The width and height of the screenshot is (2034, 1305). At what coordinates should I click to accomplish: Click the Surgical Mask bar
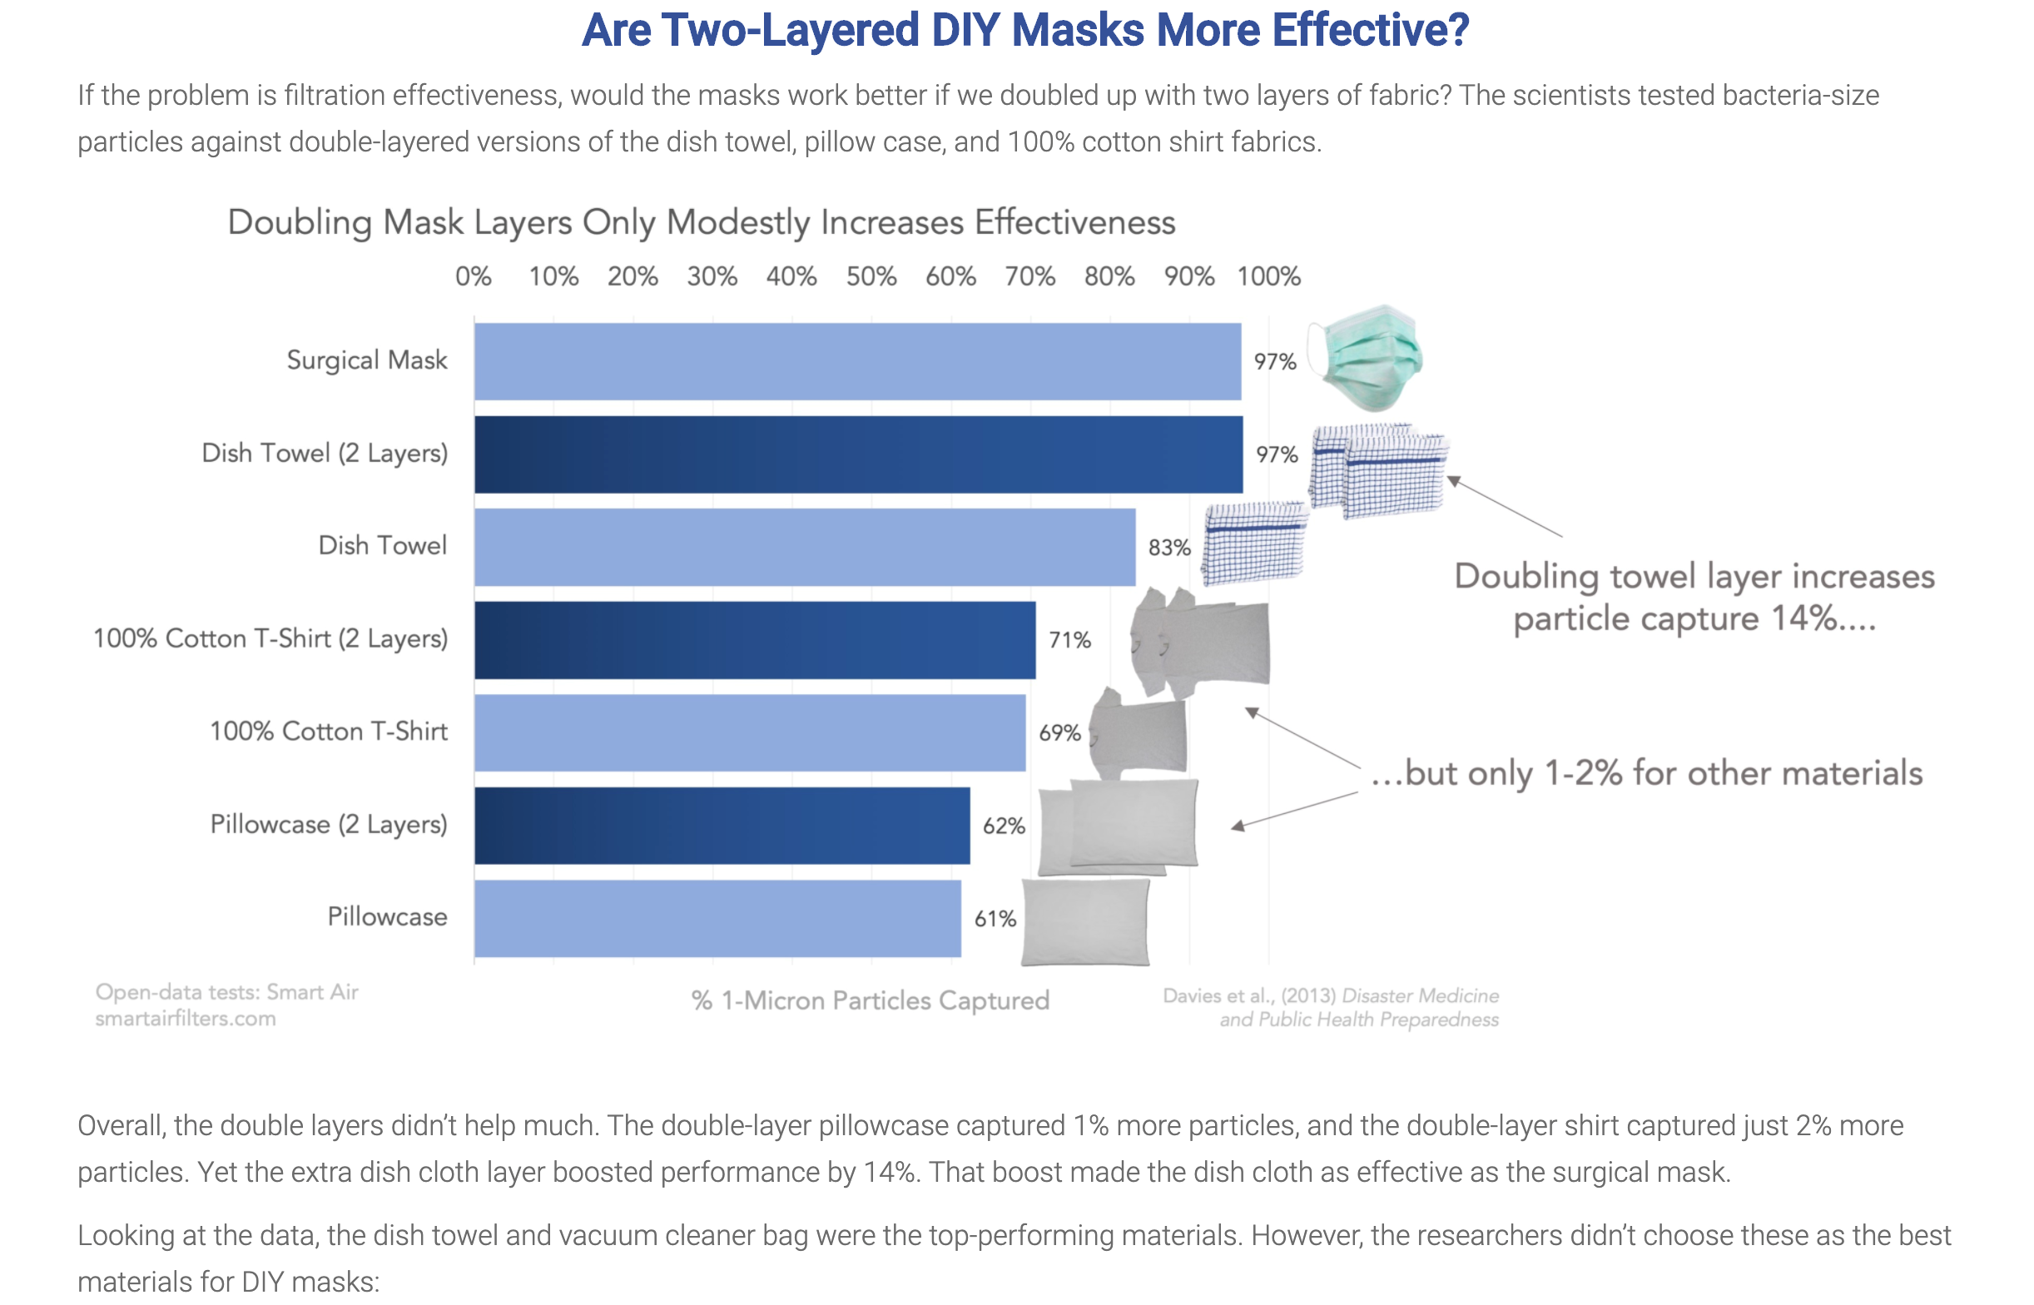tap(856, 361)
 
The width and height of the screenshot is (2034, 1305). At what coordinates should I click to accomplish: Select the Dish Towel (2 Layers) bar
tap(857, 454)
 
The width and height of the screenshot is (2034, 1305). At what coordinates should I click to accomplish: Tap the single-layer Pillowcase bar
tap(717, 919)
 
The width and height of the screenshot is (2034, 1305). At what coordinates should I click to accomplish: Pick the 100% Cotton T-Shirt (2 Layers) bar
tap(754, 640)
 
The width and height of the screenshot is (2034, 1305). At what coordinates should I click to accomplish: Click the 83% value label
tap(1168, 548)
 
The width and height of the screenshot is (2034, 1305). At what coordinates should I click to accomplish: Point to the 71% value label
tap(1069, 641)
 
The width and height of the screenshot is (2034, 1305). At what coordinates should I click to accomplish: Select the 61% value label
tap(995, 919)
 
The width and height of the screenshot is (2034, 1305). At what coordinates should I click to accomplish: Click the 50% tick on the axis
tap(871, 277)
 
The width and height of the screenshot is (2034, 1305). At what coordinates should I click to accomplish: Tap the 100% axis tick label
tap(1268, 277)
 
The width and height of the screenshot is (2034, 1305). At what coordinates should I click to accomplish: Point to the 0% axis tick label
tap(473, 277)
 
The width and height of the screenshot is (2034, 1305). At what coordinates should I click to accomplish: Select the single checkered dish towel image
tap(1255, 543)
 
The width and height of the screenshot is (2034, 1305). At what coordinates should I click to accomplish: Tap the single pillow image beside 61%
tap(1085, 922)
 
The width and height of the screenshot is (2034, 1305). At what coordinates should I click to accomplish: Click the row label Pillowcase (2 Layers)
tap(329, 825)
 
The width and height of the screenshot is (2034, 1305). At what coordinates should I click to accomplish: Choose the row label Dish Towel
tap(382, 546)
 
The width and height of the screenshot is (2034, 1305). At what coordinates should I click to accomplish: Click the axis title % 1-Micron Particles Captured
tap(870, 1000)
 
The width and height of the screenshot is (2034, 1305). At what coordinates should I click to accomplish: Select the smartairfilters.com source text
tap(185, 1019)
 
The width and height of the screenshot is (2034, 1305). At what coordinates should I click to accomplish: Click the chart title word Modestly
tap(738, 223)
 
